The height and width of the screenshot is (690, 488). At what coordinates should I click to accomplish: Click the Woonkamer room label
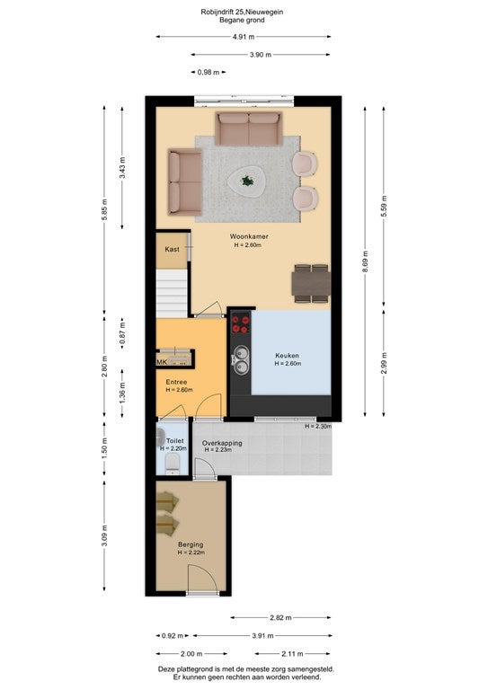(x=249, y=236)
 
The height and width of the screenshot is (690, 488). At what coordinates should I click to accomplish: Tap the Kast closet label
(x=172, y=249)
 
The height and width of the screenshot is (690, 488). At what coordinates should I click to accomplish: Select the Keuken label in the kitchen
(x=287, y=356)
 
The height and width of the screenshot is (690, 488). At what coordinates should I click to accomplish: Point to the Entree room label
(x=176, y=382)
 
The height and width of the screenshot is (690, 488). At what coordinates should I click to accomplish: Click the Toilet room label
(x=174, y=440)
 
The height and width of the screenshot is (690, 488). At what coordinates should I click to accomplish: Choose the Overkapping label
(x=222, y=443)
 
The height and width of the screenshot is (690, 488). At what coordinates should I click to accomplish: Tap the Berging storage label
(x=191, y=544)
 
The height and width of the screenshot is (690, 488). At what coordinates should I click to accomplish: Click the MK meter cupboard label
(x=162, y=362)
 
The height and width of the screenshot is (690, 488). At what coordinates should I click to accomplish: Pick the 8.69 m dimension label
(x=365, y=261)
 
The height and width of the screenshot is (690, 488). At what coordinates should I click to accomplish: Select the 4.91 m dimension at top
(x=244, y=37)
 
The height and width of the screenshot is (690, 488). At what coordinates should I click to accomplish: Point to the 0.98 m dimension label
(x=209, y=72)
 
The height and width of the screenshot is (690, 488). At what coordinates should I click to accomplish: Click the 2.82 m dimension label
(x=280, y=617)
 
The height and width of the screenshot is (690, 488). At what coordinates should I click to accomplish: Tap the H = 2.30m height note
(x=318, y=426)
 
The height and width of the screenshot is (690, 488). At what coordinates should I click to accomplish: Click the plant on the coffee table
(x=247, y=181)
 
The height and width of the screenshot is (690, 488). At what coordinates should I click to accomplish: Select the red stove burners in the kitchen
(x=240, y=324)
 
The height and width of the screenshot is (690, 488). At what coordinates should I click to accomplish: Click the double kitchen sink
(x=241, y=359)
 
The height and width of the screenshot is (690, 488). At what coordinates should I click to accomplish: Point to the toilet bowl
(x=172, y=464)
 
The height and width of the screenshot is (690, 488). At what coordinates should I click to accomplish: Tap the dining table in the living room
(x=311, y=284)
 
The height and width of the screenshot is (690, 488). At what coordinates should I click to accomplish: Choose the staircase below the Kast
(x=172, y=293)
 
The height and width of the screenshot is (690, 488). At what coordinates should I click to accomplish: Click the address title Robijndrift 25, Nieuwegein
(x=242, y=12)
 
